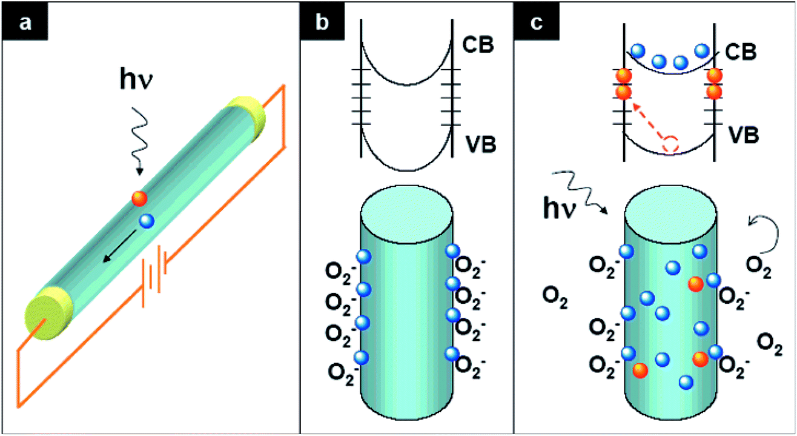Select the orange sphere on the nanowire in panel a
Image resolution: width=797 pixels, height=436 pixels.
click(x=140, y=198)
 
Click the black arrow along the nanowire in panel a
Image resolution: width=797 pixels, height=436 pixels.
click(x=117, y=249)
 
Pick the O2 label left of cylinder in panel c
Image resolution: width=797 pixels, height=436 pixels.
click(x=554, y=298)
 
